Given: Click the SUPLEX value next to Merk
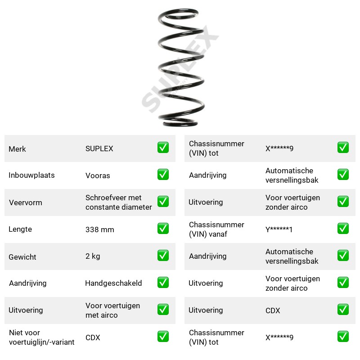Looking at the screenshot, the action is click(x=99, y=148).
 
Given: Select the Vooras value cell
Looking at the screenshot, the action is click(x=98, y=175).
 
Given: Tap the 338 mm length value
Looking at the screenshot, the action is click(x=99, y=229).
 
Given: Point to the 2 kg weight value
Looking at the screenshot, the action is click(x=93, y=256).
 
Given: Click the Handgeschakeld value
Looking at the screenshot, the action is click(x=113, y=283).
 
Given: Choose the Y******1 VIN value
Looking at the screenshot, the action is click(x=279, y=229).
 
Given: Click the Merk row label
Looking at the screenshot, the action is click(x=17, y=149).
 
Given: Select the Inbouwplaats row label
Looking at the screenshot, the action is click(x=31, y=175).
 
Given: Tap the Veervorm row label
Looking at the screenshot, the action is click(x=26, y=202).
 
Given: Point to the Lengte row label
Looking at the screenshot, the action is click(x=20, y=229).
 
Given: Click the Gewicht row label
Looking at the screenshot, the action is click(x=22, y=257).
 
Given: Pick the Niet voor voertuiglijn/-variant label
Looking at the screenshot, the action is click(x=41, y=337).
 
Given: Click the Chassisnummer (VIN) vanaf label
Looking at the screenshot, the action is click(x=216, y=229).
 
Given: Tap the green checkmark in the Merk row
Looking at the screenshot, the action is click(x=163, y=148).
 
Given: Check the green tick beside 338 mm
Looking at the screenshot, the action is click(x=163, y=229).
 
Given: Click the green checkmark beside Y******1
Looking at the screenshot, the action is click(x=343, y=229).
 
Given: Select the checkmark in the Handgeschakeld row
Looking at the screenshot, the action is click(x=163, y=283).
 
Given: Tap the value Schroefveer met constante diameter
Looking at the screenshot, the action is click(x=118, y=202).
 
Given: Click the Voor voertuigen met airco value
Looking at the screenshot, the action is click(x=112, y=310).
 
